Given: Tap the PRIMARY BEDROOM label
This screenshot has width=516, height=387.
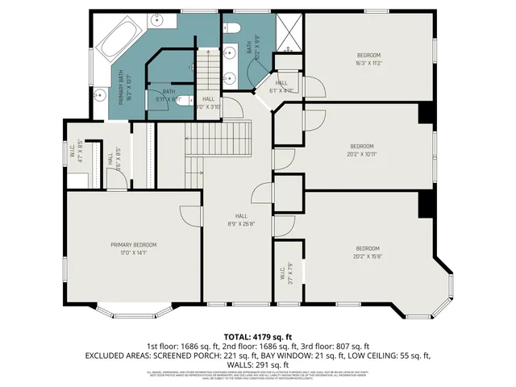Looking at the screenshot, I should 133,248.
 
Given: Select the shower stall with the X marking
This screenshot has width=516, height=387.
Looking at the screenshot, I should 287,34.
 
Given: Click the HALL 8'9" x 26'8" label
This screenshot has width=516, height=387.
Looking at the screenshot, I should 241,219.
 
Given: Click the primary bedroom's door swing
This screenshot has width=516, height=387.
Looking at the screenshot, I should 189,214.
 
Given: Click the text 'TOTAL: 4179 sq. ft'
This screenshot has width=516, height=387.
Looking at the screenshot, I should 257,335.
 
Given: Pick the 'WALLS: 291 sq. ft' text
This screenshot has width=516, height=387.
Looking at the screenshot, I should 257,364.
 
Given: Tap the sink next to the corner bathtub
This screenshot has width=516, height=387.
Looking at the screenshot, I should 102,94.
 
